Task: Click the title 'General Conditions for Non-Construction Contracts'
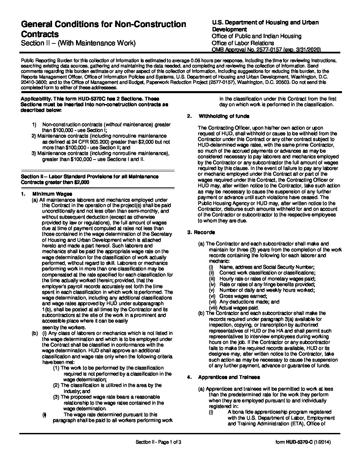pyautogui.click(x=103, y=29)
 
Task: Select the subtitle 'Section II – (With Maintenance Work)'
pyautogui.click(x=78, y=43)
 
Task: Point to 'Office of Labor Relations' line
pyautogui.click(x=243, y=43)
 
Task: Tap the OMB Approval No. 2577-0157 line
pyautogui.click(x=266, y=50)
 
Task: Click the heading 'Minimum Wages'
pyautogui.click(x=52, y=194)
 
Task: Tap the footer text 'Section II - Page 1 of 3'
pyautogui.click(x=158, y=442)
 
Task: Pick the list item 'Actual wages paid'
pyautogui.click(x=239, y=307)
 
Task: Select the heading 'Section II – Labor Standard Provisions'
pyautogui.click(x=90, y=177)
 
